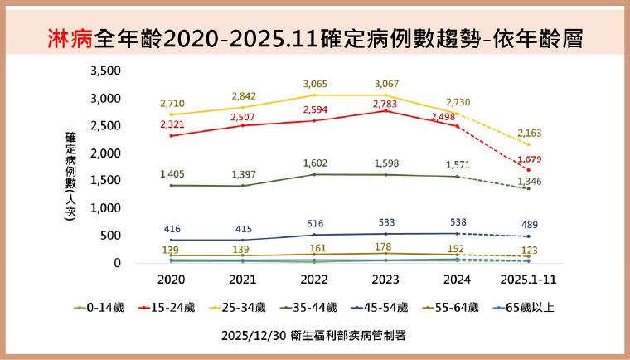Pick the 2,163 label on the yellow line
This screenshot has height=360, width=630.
pos(529,133)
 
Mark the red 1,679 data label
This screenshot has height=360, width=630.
pos(529,159)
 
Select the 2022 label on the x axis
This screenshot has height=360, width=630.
pos(314,280)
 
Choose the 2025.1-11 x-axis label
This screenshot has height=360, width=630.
pos(529,280)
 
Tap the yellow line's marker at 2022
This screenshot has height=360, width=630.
pos(314,95)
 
